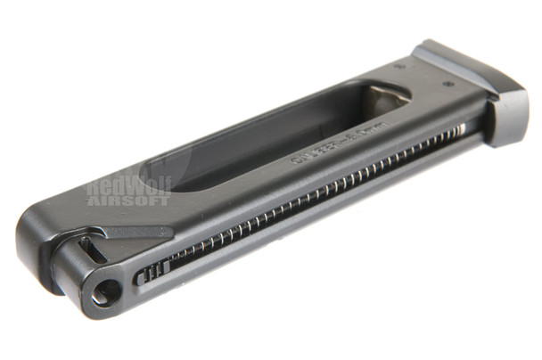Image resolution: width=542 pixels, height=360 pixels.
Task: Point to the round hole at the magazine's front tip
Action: (x=106, y=290)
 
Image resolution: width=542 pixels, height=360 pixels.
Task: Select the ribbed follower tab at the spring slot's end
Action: (x=152, y=273)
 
